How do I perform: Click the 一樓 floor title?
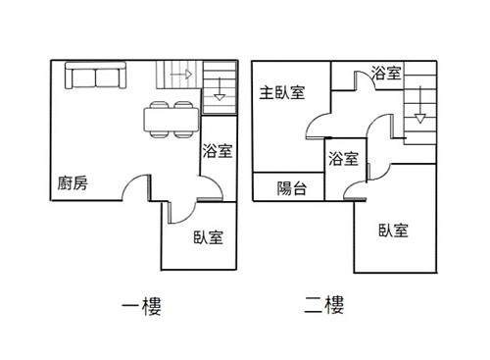(x=141, y=306)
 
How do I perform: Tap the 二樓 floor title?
(x=324, y=305)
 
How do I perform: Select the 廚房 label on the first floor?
(x=73, y=183)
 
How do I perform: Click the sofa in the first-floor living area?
(x=95, y=76)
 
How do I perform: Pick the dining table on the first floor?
(x=171, y=120)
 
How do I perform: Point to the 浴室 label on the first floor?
(x=218, y=151)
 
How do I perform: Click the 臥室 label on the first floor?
(x=208, y=237)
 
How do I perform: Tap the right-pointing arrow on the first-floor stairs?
(x=181, y=75)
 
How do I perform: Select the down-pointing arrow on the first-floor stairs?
(x=220, y=89)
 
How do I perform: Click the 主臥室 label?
(x=282, y=93)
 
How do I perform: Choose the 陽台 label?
(x=292, y=188)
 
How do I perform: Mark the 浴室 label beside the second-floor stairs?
(x=386, y=73)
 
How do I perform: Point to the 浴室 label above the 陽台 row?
(x=343, y=159)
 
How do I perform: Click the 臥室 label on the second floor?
(x=393, y=231)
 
